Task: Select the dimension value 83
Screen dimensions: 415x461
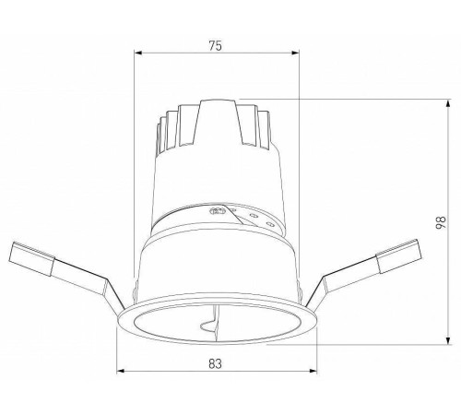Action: [215, 364]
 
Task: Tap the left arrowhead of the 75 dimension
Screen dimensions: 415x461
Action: [138, 52]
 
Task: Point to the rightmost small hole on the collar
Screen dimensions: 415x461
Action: [268, 221]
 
